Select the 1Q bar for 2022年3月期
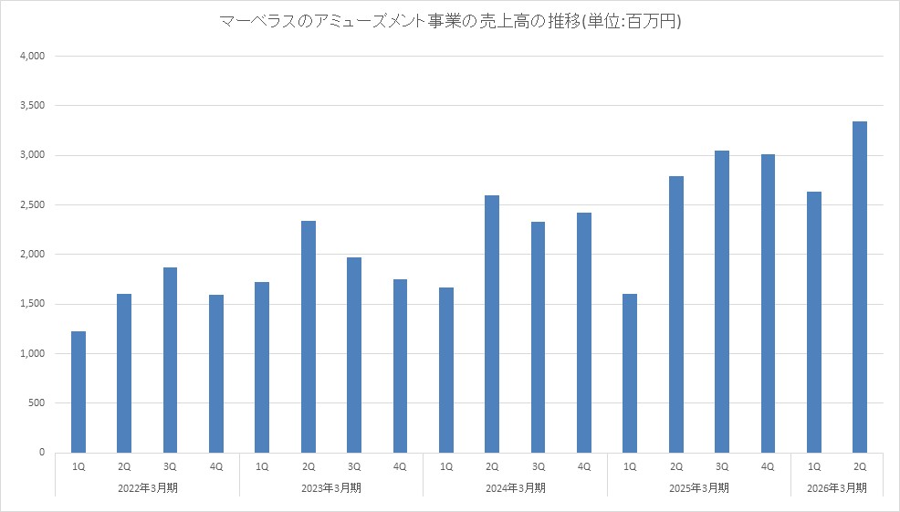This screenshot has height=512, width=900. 78,392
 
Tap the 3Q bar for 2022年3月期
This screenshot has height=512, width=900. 170,360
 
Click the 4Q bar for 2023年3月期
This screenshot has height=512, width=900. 400,365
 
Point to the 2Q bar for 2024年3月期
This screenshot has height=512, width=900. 492,323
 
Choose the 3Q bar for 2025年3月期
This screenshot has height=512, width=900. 722,301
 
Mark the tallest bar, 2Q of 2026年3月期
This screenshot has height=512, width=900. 860,287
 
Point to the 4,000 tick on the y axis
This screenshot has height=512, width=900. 32,57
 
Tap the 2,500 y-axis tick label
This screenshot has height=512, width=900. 32,205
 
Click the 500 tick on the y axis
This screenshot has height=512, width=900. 37,402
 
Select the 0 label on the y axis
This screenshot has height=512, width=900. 42,453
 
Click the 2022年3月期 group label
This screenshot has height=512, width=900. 148,487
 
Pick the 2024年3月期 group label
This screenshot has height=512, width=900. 515,487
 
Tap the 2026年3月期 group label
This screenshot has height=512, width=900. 837,487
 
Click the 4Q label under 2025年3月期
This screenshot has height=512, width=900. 768,466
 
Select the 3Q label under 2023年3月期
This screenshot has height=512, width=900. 354,466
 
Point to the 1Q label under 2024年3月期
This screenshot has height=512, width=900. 446,466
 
